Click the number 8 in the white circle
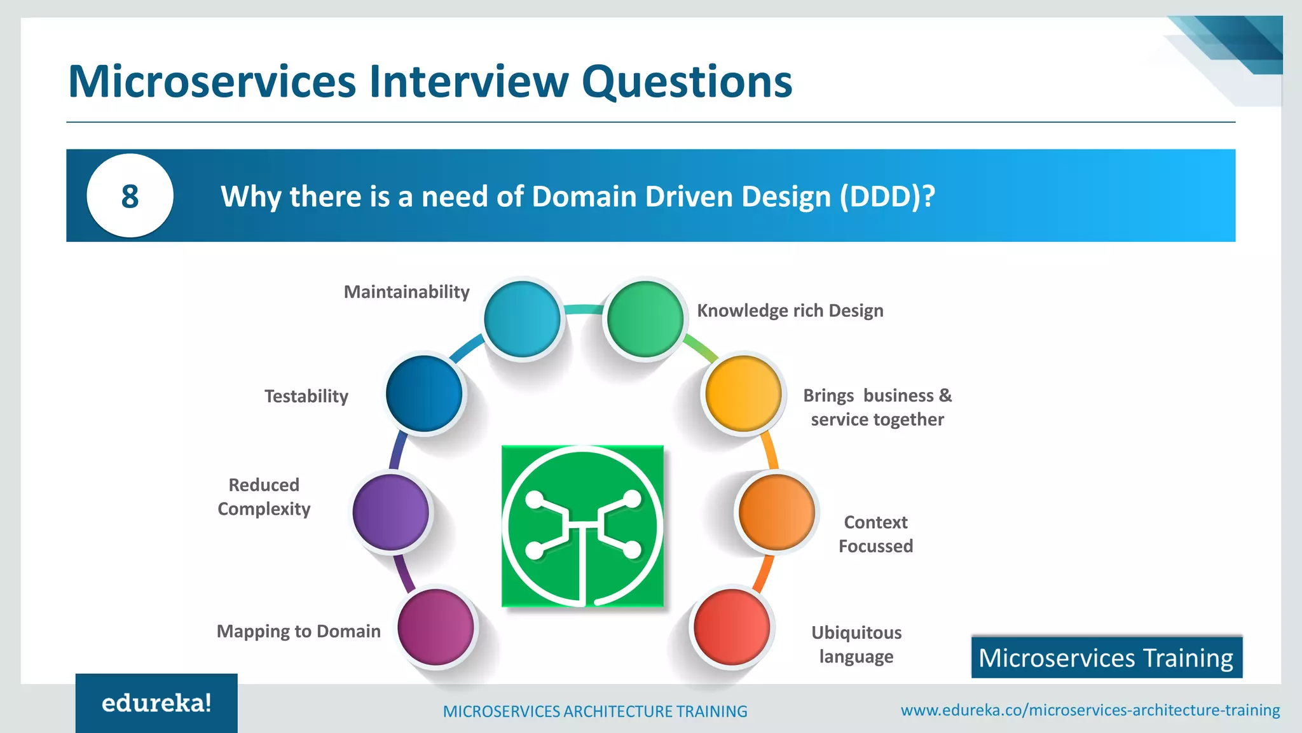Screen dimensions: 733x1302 point(130,196)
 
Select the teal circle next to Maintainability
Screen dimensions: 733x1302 point(522,319)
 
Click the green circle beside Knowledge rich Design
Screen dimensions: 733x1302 point(645,319)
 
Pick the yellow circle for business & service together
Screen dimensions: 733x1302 point(743,393)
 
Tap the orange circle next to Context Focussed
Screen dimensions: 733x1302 point(776,512)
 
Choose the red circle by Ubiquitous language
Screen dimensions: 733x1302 point(731,627)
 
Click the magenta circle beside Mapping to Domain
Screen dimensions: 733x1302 point(435,627)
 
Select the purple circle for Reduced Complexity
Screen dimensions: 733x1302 point(391,512)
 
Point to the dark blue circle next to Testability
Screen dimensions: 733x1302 point(424,393)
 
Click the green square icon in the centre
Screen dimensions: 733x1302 point(582,526)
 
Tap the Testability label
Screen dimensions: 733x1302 point(306,396)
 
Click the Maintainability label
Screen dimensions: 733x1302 point(406,292)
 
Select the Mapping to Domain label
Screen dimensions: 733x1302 point(298,631)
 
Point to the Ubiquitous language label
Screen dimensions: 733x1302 point(856,644)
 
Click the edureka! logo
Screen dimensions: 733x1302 point(156,703)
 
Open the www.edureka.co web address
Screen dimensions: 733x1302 point(1090,710)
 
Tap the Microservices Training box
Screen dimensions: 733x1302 point(1106,657)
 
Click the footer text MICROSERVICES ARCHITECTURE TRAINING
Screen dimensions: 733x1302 point(595,711)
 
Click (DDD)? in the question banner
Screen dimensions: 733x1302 point(887,197)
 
